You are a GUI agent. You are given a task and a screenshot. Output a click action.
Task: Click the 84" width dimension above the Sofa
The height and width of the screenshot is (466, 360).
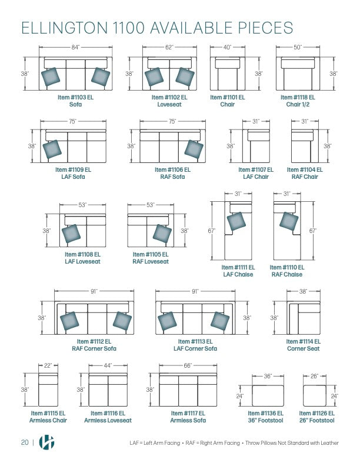[75, 46]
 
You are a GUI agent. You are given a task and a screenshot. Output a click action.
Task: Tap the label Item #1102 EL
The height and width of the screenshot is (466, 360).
[169, 97]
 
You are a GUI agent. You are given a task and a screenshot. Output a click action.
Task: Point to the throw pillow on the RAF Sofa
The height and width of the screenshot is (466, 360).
[194, 149]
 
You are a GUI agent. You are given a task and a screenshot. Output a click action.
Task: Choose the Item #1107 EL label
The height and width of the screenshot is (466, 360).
[256, 169]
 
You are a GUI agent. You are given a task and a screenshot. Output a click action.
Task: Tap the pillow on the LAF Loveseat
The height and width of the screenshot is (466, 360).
[72, 233]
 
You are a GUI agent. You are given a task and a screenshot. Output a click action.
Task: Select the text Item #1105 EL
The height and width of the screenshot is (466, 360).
[151, 254]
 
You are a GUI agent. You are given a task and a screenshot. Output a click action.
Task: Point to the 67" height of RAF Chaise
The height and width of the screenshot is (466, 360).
[313, 231]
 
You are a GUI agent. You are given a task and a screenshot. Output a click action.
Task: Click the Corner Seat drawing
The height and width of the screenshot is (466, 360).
[304, 318]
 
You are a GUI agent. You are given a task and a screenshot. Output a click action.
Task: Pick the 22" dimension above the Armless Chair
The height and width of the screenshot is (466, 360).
[48, 365]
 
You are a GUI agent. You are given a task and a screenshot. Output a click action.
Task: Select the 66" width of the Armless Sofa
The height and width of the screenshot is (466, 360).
[188, 365]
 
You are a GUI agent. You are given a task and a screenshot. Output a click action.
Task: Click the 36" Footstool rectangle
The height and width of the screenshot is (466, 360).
[268, 396]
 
